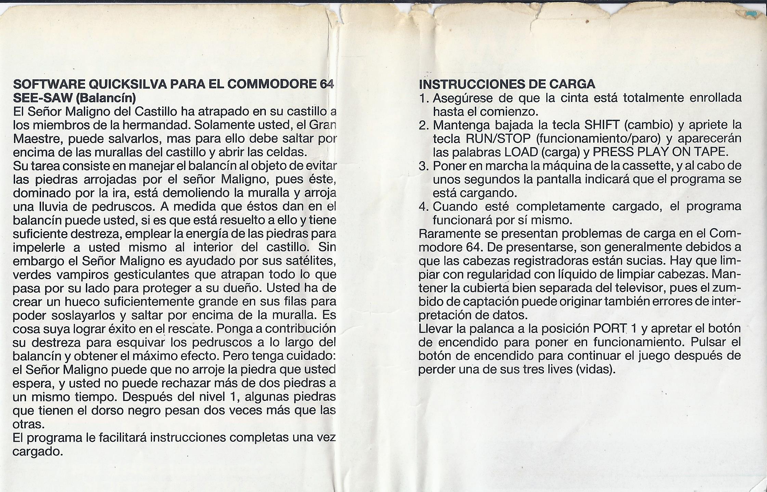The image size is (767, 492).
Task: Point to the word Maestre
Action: pyautogui.click(x=37, y=139)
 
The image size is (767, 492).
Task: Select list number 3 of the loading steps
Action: pyautogui.click(x=424, y=166)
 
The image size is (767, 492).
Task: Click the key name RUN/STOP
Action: pyautogui.click(x=498, y=139)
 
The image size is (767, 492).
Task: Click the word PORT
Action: pyautogui.click(x=610, y=329)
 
